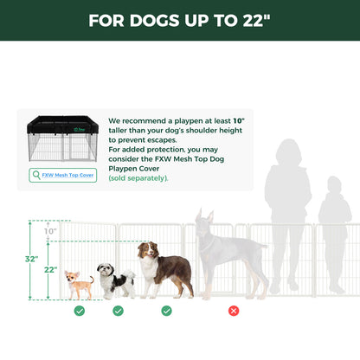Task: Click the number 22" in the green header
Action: pos(250,21)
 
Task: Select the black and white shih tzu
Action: pos(115,280)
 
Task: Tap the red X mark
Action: pos(233,310)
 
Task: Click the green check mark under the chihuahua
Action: pos(80,310)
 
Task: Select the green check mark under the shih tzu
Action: pos(118,310)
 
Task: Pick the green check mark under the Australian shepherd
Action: pos(166,310)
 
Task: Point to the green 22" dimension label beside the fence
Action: pos(50,270)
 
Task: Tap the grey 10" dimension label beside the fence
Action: pos(49,231)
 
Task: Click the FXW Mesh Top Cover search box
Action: pos(63,175)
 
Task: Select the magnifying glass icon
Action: pos(36,175)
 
